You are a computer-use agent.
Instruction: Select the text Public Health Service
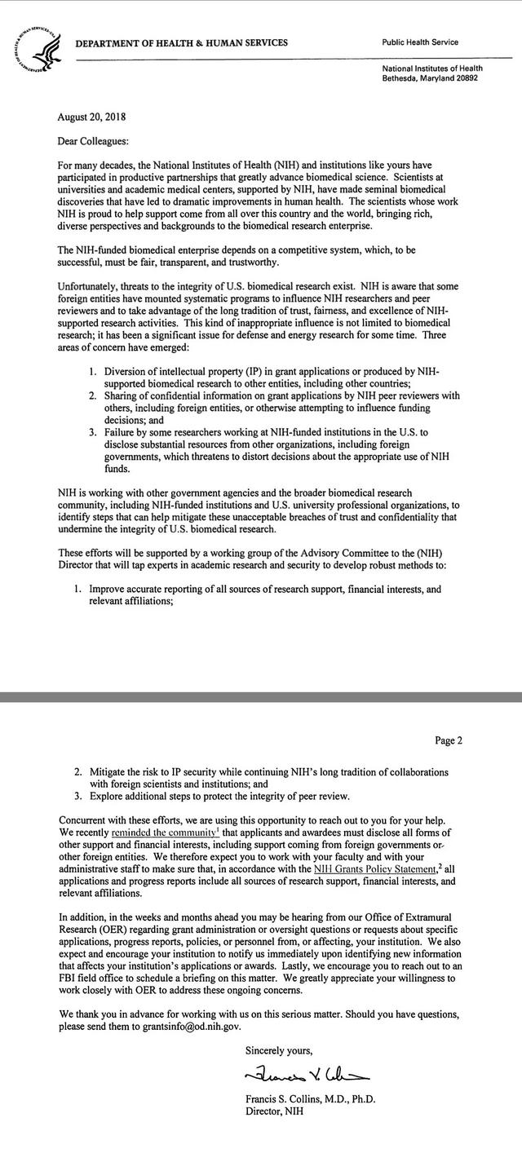[x=420, y=42]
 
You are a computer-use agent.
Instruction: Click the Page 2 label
[x=449, y=740]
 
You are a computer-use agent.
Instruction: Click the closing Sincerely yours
[x=279, y=1049]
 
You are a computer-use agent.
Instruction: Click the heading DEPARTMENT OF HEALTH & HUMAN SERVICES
[x=181, y=43]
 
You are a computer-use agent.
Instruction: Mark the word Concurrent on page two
[x=85, y=819]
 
